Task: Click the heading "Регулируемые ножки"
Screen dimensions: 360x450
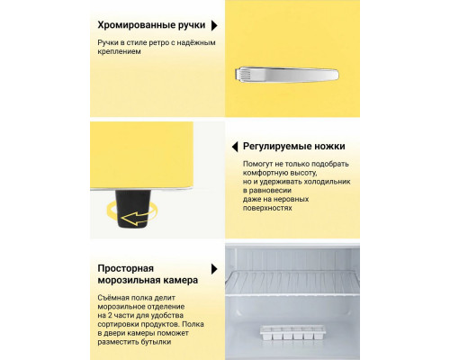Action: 293,146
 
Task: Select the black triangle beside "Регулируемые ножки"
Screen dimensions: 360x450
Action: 231,146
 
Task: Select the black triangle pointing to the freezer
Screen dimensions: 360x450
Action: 213,269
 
